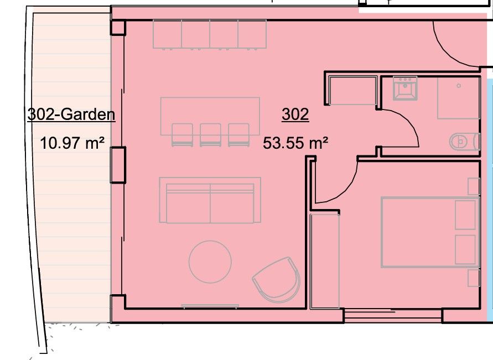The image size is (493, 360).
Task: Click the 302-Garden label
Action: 71,114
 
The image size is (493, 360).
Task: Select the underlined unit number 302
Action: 295,114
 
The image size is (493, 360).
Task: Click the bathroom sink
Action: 405,88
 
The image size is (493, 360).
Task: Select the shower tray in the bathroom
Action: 458,98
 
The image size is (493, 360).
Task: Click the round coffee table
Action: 210,262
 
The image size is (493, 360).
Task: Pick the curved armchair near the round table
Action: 277,280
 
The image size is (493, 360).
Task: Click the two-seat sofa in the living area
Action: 210,200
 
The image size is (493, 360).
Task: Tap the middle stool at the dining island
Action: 210,134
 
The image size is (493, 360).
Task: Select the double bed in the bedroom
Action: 429,232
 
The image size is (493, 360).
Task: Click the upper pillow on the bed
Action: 465,215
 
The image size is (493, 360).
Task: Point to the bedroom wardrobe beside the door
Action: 325,260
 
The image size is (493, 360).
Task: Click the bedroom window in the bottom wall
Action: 393,316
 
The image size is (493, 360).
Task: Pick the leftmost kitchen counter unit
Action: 167,34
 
